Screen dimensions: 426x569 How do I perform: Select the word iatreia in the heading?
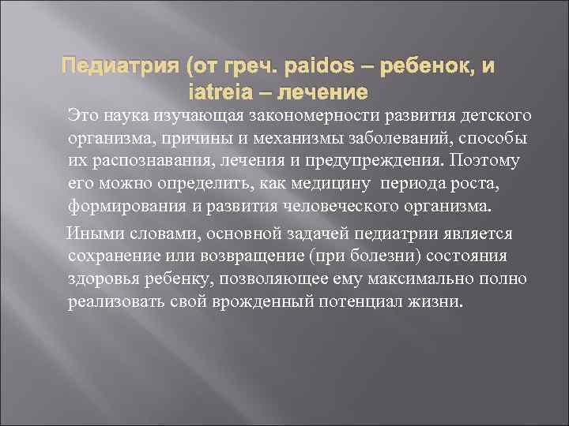pos(220,92)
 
